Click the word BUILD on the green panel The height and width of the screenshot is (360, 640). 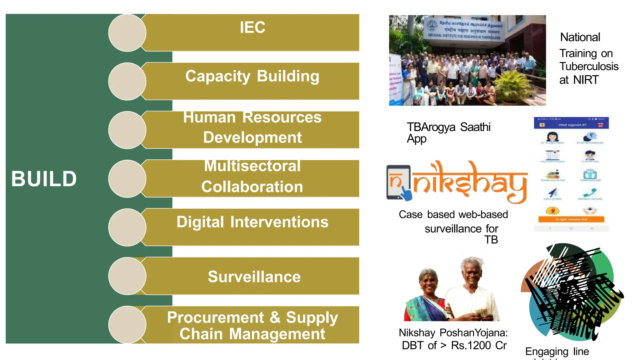44,179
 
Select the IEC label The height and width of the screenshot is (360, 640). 252,27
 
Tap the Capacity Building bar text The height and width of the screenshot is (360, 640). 252,76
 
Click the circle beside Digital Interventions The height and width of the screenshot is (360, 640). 127,227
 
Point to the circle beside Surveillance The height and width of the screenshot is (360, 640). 127,276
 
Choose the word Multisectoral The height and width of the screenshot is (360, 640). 252,166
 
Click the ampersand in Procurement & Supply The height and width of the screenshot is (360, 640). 275,317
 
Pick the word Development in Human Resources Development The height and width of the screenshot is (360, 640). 252,137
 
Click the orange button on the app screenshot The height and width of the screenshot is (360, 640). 571,219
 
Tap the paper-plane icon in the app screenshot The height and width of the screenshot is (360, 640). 552,192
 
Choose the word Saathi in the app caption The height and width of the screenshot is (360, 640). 475,127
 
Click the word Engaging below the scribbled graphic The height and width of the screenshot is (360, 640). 546,352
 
